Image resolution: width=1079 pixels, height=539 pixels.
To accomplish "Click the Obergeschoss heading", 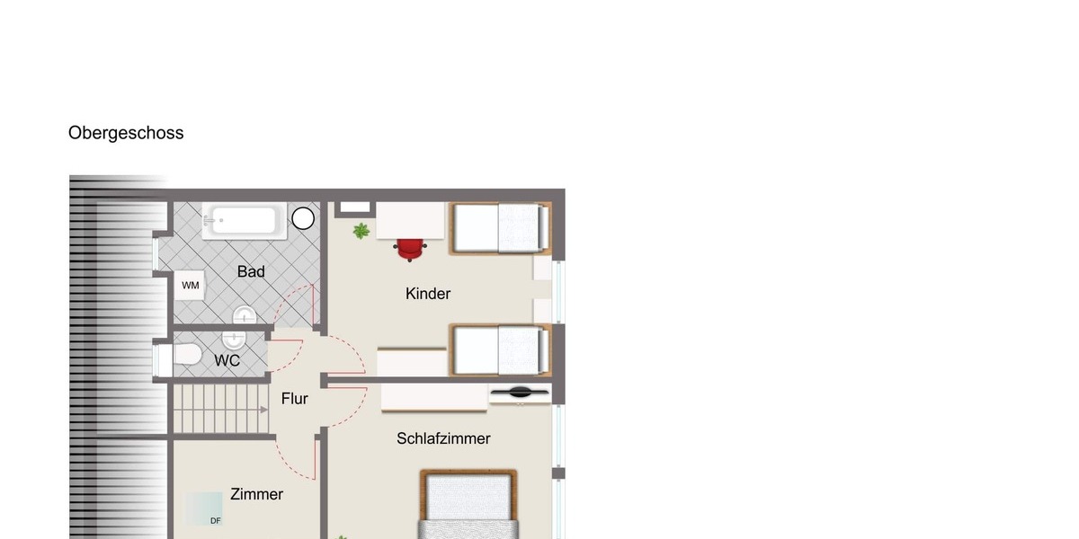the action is [x=126, y=133].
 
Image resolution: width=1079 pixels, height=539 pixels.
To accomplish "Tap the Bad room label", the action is [x=251, y=272].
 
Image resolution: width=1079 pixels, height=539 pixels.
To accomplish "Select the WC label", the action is [x=227, y=360].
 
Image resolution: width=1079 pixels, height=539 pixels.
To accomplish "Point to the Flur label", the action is [x=294, y=399].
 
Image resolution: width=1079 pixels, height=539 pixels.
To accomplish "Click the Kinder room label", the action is [x=428, y=294].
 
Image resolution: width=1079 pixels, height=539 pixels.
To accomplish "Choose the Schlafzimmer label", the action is [x=443, y=438].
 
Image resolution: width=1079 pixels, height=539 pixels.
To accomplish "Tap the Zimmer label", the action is [x=256, y=494].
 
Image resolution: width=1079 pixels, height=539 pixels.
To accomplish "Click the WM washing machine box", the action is [x=190, y=286].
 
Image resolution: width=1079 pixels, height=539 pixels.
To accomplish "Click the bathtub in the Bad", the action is [x=245, y=221].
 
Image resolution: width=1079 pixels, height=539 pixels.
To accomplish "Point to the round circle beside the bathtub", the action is [x=303, y=218].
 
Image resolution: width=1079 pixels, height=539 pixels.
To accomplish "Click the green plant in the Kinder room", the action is [x=361, y=231].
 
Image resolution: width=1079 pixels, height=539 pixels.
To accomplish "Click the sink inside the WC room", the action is [x=234, y=340].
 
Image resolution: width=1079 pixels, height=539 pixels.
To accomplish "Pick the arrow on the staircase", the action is [x=264, y=410].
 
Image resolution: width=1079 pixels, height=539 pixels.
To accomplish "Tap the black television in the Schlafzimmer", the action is [x=520, y=393].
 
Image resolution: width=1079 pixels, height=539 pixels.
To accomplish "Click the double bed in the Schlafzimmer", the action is [x=468, y=504].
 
